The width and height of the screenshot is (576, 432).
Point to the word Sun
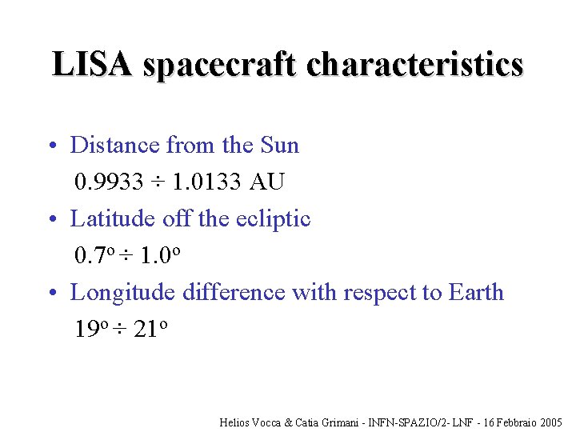click(280, 145)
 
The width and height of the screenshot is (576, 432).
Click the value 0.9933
click(109, 182)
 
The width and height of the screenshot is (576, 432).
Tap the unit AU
click(267, 182)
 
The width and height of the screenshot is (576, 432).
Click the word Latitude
click(113, 218)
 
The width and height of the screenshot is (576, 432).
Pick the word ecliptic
click(274, 218)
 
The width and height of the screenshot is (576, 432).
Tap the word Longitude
click(123, 292)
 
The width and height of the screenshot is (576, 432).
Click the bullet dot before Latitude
click(50, 219)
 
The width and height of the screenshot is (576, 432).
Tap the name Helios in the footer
click(234, 422)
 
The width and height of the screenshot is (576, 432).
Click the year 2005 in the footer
click(551, 422)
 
